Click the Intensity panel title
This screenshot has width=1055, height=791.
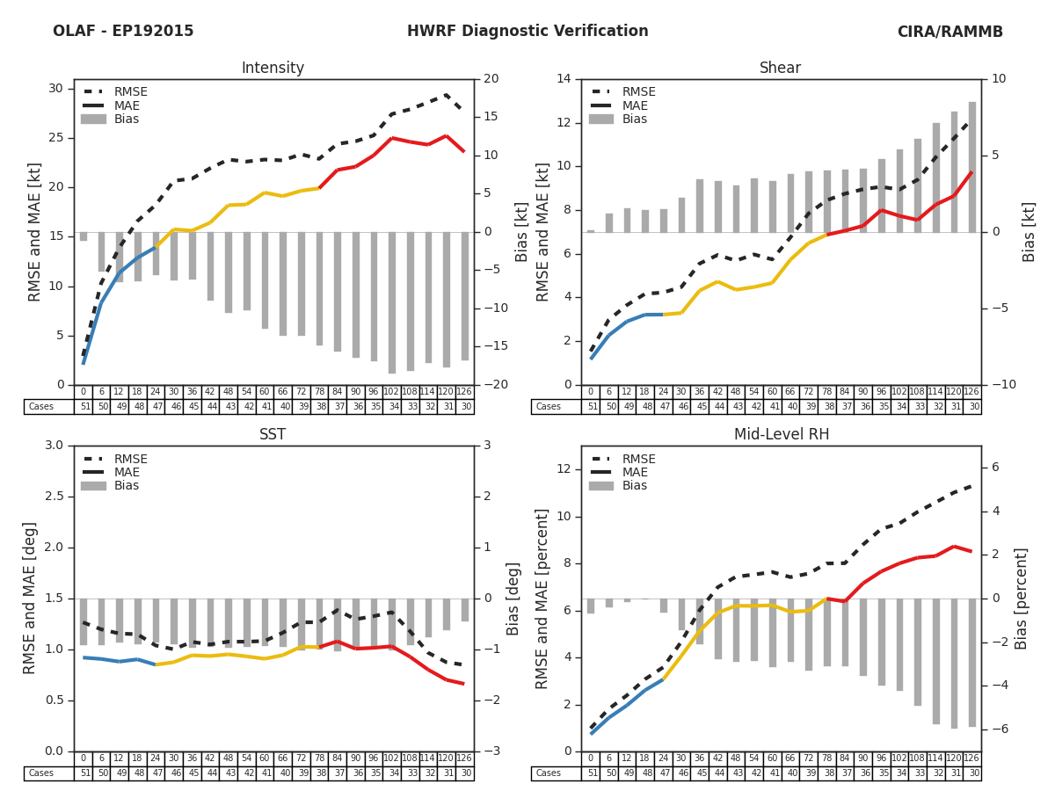273,69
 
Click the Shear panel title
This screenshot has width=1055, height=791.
780,69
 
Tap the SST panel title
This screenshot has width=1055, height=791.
273,435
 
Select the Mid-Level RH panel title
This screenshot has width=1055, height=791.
780,435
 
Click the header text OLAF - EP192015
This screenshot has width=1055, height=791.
123,32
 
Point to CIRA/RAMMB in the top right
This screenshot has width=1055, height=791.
949,32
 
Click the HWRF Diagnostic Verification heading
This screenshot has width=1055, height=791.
527,32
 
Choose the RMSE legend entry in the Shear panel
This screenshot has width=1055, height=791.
639,92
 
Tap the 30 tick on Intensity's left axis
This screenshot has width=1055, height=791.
55,88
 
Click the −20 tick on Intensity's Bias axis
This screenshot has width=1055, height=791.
491,385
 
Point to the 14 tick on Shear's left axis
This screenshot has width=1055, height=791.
564,79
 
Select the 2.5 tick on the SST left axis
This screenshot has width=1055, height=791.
52,497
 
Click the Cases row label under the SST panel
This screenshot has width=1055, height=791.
41,773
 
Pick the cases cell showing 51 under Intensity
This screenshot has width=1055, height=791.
84,407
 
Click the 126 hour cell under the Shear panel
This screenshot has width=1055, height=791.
973,392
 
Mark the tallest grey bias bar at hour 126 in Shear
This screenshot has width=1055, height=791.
972,167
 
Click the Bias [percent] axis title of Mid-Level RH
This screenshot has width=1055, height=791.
1021,598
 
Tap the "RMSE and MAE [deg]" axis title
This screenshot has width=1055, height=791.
31,598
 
